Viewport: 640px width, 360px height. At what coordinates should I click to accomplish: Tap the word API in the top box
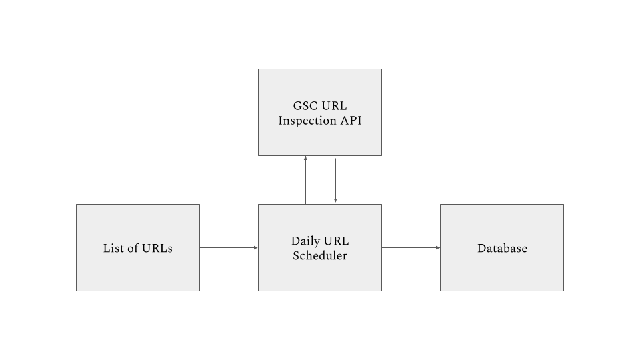tap(351, 121)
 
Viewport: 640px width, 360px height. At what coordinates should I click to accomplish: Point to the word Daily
tap(305, 241)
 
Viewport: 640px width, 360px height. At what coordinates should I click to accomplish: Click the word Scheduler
tap(320, 255)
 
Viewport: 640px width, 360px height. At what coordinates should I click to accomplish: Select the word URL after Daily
tap(336, 241)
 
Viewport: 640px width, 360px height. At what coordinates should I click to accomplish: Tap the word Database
tap(502, 248)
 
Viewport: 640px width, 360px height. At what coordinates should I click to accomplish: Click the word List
tap(111, 248)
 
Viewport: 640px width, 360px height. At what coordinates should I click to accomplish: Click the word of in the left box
tap(130, 248)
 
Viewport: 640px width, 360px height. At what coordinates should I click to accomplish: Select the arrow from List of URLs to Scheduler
tap(229, 247)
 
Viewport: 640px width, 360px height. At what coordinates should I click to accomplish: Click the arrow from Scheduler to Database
tap(411, 247)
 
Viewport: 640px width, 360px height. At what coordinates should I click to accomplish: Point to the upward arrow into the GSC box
tap(305, 180)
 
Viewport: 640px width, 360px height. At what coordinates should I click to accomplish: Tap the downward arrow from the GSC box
tap(335, 180)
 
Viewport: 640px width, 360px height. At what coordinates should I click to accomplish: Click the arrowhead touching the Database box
tap(438, 247)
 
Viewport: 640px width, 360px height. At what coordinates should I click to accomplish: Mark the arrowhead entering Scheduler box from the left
tap(256, 247)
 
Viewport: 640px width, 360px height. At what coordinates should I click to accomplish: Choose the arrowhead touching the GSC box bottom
tap(305, 158)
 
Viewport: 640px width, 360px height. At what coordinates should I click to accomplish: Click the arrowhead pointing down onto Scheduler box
tap(335, 201)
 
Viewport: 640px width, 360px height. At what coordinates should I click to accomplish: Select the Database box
tap(502, 248)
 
